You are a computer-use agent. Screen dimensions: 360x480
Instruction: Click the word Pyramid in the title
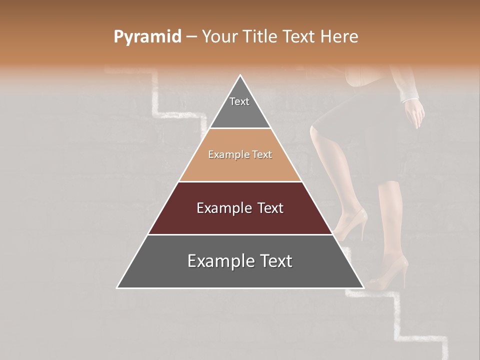147,37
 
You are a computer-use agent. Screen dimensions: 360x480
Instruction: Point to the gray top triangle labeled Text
239,107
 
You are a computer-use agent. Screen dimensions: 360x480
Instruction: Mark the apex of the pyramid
240,75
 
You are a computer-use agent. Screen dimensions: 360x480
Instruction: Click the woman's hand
414,114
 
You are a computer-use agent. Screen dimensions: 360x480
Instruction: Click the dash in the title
191,37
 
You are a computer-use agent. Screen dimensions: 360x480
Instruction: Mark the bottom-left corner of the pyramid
117,288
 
